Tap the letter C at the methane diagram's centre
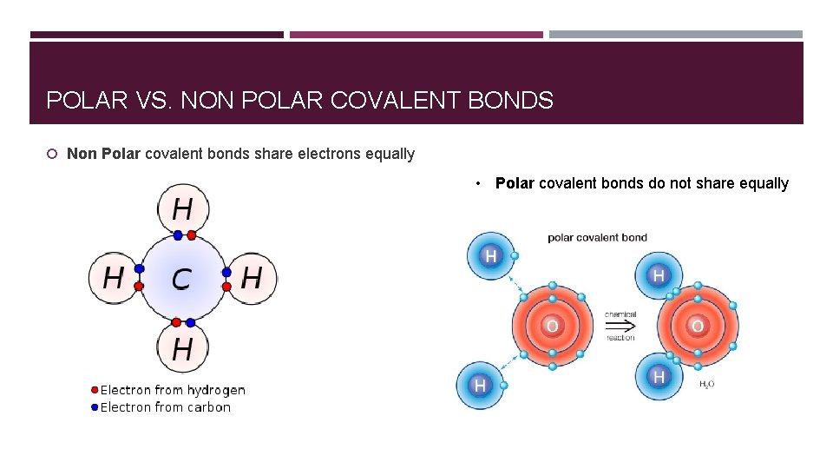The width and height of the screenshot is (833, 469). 181,279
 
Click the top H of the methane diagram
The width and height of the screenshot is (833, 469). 182,209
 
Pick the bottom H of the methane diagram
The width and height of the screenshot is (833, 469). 182,349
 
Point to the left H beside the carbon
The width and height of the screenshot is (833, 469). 113,279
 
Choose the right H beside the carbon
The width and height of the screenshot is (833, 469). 252,279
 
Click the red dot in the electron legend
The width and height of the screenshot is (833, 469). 95,390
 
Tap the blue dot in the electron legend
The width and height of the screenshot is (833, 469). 95,407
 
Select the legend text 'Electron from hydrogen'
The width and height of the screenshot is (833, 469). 173,390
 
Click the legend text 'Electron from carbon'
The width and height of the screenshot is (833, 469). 166,407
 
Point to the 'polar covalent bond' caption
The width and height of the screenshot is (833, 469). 597,237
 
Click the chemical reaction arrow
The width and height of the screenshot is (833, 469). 620,327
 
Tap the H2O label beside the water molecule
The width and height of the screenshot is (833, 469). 707,384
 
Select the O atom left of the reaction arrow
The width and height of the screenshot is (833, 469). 552,327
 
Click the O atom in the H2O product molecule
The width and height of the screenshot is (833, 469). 697,327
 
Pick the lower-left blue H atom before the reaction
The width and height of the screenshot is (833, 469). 480,384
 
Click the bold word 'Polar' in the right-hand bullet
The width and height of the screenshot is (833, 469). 515,183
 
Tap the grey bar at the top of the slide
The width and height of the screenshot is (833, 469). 675,35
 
